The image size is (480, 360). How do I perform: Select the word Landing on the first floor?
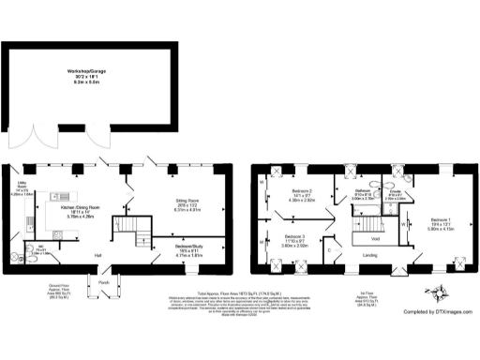(x=370, y=255)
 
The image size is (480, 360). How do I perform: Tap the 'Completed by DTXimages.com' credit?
(x=424, y=323)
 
